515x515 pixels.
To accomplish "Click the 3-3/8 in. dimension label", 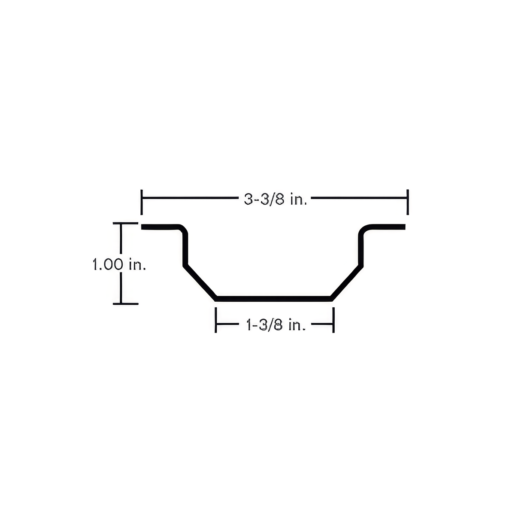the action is point(275,200).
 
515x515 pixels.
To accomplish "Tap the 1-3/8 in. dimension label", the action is point(276,325).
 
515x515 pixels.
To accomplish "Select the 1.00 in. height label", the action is point(119,264).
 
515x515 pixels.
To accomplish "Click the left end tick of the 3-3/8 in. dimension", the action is point(141,202).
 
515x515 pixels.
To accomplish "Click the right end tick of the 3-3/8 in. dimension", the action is point(408,202).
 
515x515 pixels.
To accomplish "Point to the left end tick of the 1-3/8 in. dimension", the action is point(216,320).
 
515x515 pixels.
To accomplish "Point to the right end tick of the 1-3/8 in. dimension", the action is point(333,320).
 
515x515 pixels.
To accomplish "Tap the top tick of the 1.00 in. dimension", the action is point(125,223).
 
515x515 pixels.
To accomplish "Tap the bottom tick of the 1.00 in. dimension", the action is point(125,304).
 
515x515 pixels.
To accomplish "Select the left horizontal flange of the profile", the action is point(160,227).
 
